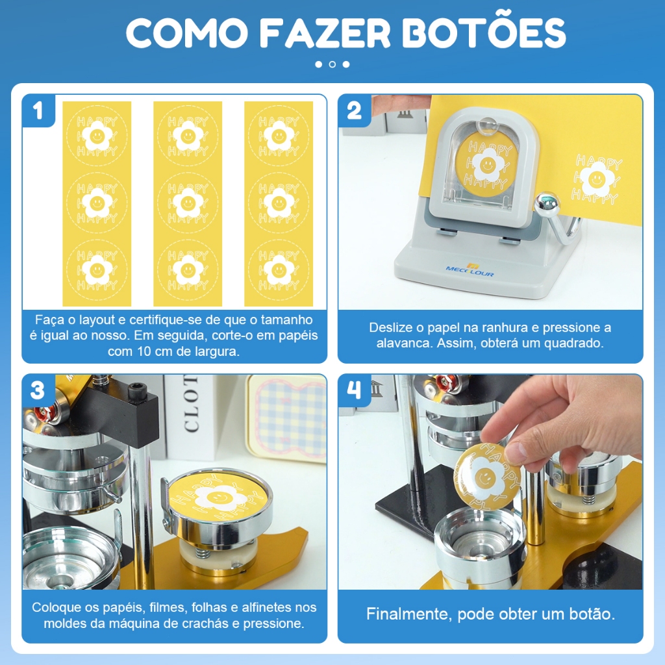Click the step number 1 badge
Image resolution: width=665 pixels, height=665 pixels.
tap(38, 110)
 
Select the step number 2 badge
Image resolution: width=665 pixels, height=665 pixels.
tap(354, 110)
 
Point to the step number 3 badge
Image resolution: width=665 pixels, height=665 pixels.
tap(38, 390)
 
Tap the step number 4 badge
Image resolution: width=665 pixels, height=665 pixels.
tap(354, 390)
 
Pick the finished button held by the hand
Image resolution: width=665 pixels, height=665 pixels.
tap(487, 476)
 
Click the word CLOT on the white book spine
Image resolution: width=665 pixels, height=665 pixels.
tap(192, 403)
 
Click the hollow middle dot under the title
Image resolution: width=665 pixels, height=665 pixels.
tap(332, 64)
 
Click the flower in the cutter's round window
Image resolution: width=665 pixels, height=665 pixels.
tap(488, 164)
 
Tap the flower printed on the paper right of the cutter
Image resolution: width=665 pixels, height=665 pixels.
tap(597, 179)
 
